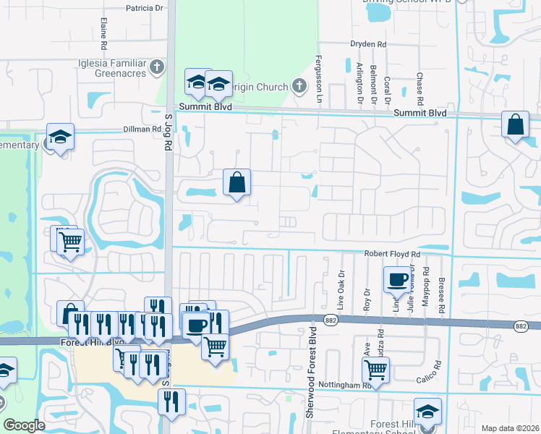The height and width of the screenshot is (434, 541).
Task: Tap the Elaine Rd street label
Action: [104, 33]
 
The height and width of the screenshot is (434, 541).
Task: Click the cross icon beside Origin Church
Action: [300, 88]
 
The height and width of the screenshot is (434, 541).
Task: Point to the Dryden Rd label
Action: [368, 44]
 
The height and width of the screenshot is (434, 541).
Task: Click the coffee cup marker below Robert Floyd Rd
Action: [396, 278]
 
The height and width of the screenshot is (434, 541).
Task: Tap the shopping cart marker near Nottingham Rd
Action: [376, 370]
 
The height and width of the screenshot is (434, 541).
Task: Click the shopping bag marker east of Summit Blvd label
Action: [514, 124]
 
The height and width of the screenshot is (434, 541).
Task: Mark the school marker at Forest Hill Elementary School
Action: [427, 411]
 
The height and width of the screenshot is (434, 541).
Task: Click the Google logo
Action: [25, 425]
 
